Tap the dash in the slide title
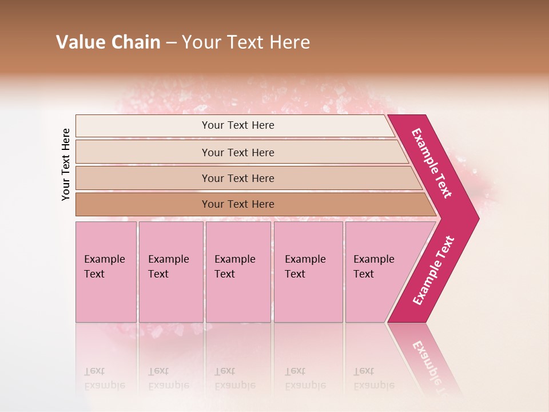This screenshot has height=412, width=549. coord(171,43)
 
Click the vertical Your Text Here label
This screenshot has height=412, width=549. coord(66,164)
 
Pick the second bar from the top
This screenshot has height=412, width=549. coord(237,152)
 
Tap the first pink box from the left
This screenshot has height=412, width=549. coord(106,272)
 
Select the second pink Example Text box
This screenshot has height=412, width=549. coord(170,272)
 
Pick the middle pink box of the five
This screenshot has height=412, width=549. coord(238,272)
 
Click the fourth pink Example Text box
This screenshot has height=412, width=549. coord(308,272)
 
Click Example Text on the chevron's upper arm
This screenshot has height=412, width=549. coord(432,163)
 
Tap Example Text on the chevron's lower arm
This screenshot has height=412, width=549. coord(433,271)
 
